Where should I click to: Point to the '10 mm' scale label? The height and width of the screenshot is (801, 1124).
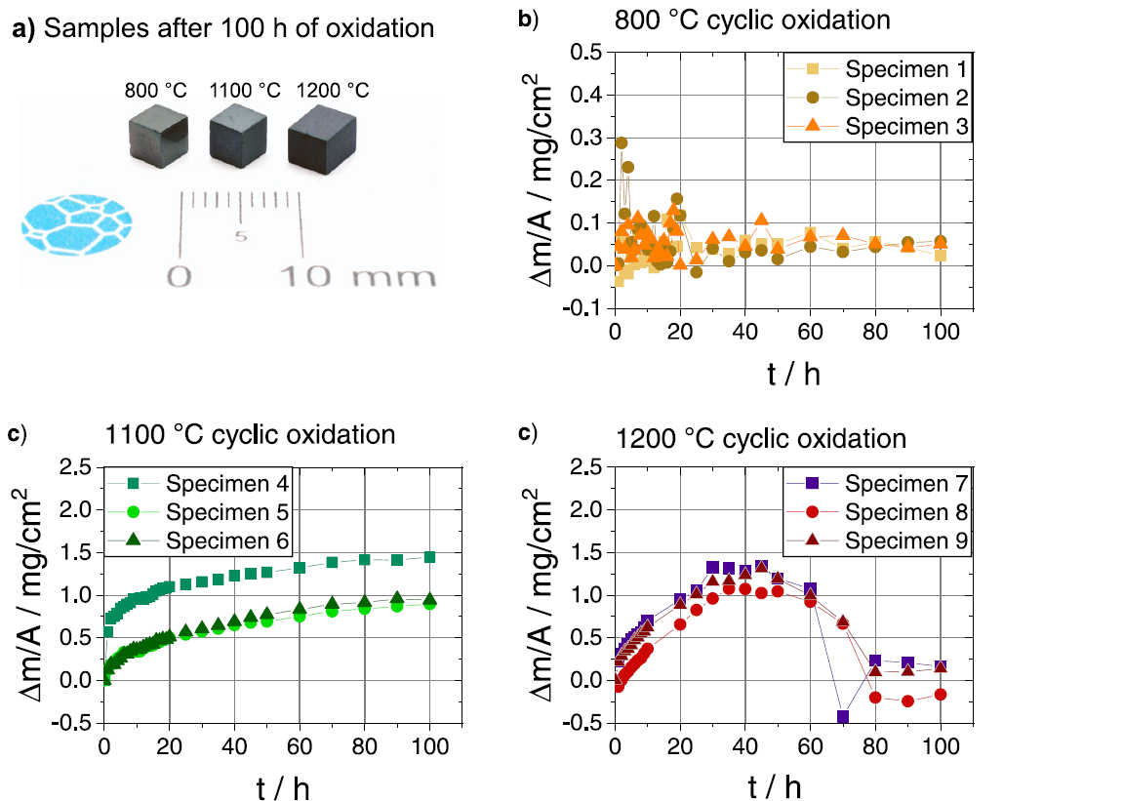pos(358,276)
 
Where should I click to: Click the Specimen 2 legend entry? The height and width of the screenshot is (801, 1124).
pos(879,98)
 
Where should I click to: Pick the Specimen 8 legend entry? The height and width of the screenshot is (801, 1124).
pos(879,511)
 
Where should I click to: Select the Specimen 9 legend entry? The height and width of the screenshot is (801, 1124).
pos(879,540)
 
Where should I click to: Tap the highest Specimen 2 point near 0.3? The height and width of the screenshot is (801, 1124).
pos(622,142)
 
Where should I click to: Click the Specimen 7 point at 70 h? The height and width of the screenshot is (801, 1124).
pos(843,717)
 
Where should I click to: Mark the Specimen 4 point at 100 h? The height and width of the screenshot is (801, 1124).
pos(429,557)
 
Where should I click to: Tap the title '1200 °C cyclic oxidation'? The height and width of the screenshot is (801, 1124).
pos(761,438)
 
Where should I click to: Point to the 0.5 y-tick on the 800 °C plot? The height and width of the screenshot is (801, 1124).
pos(587,52)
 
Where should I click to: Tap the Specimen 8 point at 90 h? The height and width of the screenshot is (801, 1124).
pos(908,701)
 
